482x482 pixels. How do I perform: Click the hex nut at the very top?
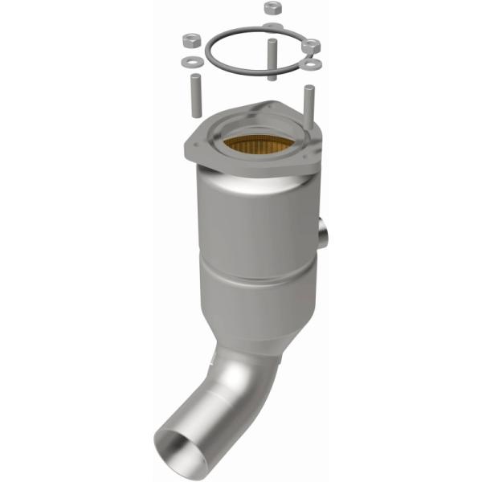pos(271,8)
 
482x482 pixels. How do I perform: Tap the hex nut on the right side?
pos(312,47)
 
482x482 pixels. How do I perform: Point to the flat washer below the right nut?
pos(314,63)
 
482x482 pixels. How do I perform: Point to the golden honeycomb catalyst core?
pos(250,145)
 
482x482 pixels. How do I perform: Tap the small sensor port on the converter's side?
pos(325,234)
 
